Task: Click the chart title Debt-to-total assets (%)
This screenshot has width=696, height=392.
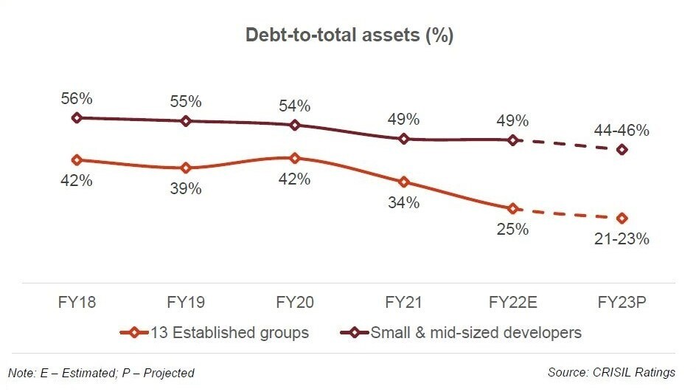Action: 349,35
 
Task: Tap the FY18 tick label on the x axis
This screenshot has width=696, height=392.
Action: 77,303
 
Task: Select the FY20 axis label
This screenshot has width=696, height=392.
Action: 295,303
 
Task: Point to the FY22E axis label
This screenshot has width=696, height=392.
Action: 513,303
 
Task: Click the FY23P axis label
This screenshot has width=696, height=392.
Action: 622,303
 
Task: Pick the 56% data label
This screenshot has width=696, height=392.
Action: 77,98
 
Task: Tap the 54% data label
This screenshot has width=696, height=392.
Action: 295,106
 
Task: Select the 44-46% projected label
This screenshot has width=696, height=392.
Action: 622,131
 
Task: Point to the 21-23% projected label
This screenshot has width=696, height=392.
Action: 622,239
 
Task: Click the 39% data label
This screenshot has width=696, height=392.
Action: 186,189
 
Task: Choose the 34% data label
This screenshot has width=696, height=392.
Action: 404,202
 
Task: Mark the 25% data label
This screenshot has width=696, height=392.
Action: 513,229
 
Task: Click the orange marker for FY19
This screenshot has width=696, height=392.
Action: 186,168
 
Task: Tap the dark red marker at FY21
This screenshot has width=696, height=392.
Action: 404,139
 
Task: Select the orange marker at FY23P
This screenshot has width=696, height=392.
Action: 622,219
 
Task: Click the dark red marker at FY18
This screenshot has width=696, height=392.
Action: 77,117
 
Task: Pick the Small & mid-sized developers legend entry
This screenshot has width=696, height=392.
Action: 460,333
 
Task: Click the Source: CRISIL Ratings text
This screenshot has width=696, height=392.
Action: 611,373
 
